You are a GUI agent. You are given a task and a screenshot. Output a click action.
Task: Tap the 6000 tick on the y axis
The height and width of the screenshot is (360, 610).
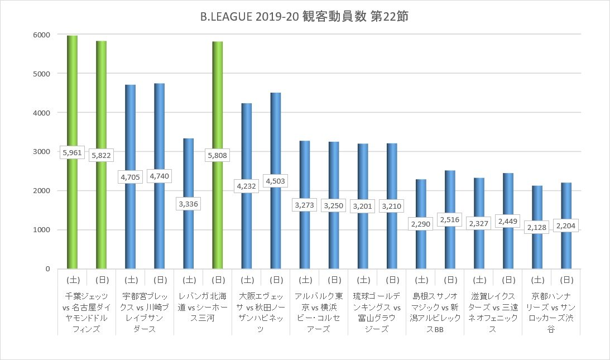tap(41, 35)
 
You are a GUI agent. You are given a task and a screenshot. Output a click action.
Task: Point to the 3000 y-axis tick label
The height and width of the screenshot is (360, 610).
tap(41, 151)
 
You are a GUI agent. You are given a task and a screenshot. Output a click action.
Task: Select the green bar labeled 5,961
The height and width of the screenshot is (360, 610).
tap(73, 152)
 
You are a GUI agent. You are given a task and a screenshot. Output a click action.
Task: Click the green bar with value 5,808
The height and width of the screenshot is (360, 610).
tap(218, 155)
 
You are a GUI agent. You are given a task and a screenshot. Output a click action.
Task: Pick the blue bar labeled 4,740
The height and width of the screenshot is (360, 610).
tap(160, 176)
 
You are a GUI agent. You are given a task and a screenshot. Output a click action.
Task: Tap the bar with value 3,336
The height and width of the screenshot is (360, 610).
tap(189, 204)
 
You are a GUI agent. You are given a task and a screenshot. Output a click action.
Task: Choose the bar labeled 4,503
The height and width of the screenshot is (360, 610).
tap(276, 181)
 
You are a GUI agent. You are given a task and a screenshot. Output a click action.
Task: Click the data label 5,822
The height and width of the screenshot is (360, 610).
tap(101, 155)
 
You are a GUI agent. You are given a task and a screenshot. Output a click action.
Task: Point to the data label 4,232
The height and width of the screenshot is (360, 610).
tap(247, 186)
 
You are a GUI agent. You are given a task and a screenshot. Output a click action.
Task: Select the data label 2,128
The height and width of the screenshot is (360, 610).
tap(537, 227)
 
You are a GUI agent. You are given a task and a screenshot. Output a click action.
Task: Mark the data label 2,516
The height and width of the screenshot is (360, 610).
tap(450, 219)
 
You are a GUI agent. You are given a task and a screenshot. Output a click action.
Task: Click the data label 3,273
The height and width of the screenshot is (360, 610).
tap(304, 205)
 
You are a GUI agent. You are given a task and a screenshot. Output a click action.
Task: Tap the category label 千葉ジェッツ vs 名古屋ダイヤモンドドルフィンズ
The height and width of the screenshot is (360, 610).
tap(87, 313)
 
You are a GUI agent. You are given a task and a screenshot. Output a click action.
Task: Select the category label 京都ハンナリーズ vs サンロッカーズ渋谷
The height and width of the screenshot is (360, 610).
tap(551, 313)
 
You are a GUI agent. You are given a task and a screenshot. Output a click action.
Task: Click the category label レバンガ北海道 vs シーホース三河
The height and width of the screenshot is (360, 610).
tap(203, 307)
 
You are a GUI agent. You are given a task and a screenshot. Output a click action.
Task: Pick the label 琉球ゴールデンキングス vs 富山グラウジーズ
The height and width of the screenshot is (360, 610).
tap(377, 313)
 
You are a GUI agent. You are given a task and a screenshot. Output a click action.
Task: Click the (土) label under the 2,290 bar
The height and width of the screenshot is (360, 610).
tap(421, 280)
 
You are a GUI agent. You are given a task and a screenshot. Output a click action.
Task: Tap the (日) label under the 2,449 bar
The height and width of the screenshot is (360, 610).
tap(508, 280)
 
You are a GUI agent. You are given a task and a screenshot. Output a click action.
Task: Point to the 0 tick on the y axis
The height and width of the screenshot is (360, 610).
tap(48, 269)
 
